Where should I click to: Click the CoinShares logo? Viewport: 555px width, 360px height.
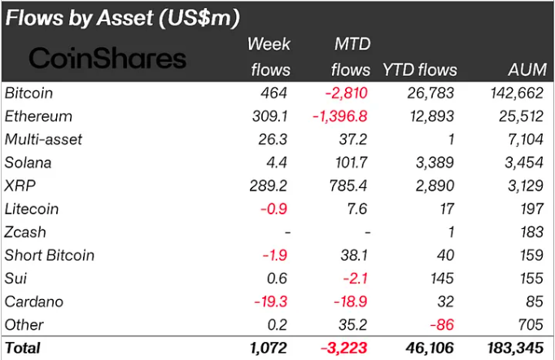point(108,58)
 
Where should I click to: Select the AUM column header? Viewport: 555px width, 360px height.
point(527,69)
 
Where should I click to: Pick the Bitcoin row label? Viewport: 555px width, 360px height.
point(29,93)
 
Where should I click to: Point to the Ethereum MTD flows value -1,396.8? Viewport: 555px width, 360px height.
point(342,116)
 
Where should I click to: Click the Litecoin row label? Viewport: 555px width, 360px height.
point(32,209)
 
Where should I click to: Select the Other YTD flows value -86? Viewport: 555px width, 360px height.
point(444,325)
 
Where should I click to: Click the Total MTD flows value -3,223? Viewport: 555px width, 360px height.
point(346,348)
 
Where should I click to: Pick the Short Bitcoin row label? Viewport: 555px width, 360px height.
point(49,255)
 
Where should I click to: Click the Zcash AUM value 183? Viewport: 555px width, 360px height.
point(533,232)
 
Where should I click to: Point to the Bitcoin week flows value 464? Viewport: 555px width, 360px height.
point(277,93)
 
